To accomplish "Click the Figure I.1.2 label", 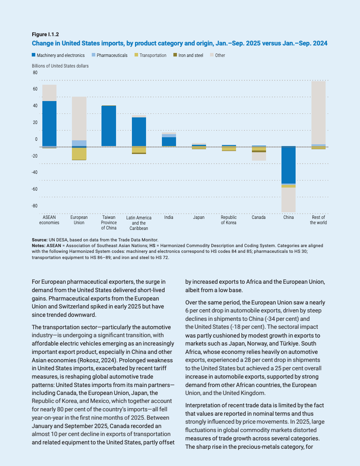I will (45, 34).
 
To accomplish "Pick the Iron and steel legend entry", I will (191, 56).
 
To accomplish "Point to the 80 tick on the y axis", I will (35, 72).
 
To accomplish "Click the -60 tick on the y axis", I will (34, 189).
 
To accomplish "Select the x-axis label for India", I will (169, 218).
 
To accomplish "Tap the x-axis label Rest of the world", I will (318, 220).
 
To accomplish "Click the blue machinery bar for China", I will (289, 165).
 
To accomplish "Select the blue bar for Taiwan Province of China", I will (109, 126).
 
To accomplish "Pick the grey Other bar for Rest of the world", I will (318, 113).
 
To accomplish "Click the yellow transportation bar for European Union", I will (79, 154).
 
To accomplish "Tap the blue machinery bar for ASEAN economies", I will (49, 124).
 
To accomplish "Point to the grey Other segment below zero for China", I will (289, 200).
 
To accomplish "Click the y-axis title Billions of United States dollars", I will (60, 66).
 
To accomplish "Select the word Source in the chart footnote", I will (40, 239).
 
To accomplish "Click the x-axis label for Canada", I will (259, 218).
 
